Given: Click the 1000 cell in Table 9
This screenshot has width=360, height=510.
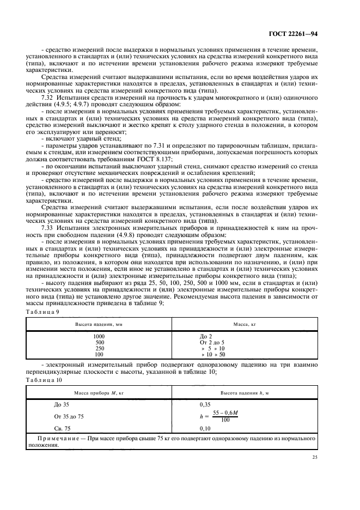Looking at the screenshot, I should click(x=100, y=337).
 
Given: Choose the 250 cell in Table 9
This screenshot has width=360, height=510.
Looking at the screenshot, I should click(x=100, y=348).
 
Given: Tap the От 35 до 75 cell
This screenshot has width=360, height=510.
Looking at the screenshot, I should click(x=69, y=416).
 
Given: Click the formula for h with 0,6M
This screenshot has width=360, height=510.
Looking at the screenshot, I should click(x=224, y=416).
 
